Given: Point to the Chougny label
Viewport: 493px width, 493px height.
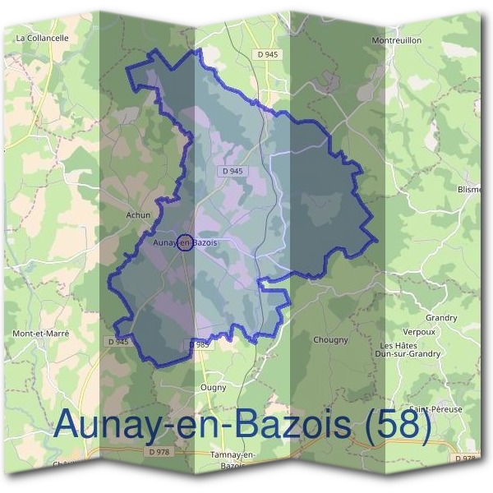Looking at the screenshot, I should tap(330, 339).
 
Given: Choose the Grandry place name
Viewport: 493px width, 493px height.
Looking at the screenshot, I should tap(441, 317).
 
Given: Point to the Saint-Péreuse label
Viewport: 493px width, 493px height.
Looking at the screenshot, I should tap(436, 408).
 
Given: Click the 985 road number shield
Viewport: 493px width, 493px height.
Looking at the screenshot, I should tap(203, 345).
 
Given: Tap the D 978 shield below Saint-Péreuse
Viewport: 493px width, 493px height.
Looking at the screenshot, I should tap(465, 458).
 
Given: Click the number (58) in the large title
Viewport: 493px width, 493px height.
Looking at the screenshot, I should tap(398, 425).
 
